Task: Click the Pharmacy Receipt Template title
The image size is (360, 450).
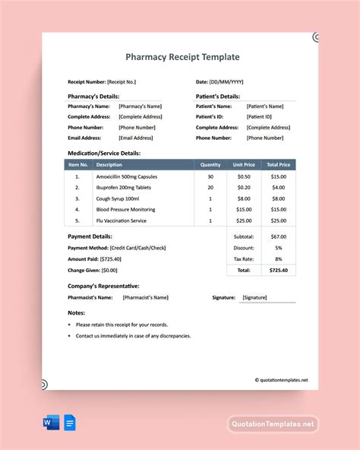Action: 182,56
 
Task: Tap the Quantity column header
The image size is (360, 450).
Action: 210,164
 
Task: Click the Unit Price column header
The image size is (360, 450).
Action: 244,164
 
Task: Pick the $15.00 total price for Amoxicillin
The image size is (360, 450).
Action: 279,176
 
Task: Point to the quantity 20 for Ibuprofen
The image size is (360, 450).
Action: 210,187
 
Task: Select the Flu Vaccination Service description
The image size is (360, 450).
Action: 121,220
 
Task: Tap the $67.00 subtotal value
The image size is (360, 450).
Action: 279,236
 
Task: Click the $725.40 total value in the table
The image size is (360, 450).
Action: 279,270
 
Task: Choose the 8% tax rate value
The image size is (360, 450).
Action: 279,258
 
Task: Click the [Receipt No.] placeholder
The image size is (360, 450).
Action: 123,81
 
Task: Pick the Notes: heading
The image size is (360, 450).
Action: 76,312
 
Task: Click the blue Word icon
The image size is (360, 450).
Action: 49,423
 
